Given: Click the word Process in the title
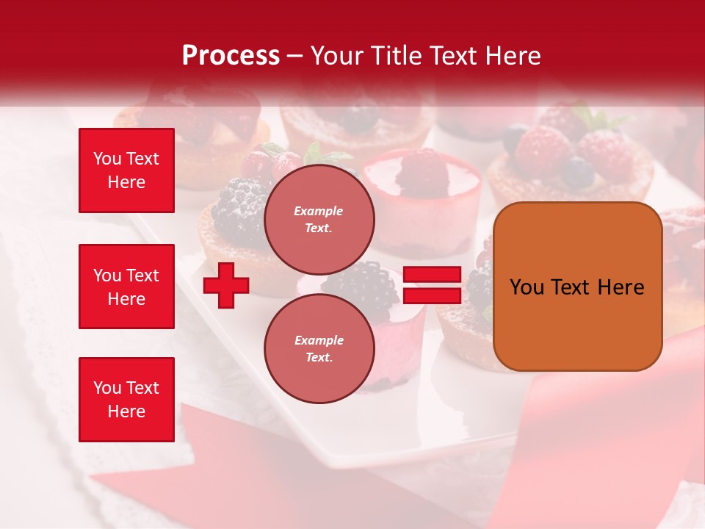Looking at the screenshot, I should [231, 56].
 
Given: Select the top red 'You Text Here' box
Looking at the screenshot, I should [126, 170].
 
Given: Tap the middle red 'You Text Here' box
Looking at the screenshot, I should [126, 287].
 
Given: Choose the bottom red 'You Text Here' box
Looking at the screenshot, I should [126, 399].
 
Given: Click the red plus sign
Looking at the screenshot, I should [226, 285].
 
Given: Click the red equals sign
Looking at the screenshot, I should [432, 285].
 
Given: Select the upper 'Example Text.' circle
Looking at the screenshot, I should [319, 219].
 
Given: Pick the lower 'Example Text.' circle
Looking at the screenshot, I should [319, 348].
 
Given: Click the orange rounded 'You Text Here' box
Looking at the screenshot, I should [577, 287].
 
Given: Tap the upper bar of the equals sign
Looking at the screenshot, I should [432, 275].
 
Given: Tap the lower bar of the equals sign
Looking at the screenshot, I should [432, 295].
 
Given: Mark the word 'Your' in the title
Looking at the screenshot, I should [335, 56].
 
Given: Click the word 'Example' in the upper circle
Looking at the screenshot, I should [319, 211].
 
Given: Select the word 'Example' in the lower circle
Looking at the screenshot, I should [319, 340].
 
